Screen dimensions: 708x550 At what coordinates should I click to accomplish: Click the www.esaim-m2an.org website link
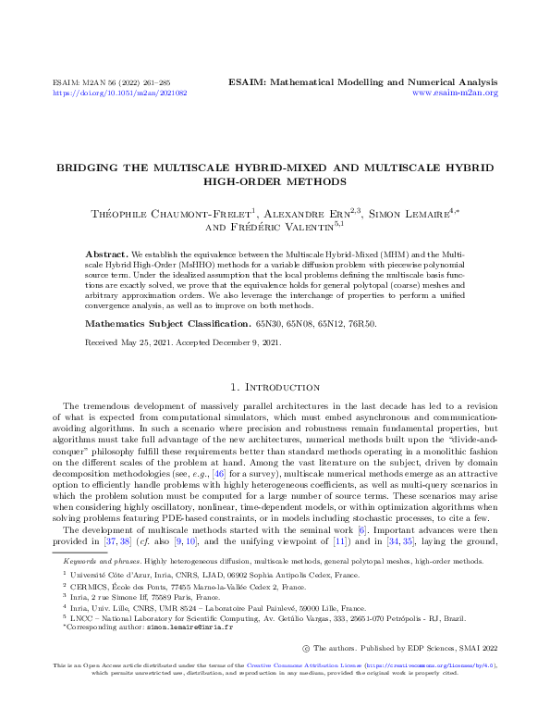tap(455, 93)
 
